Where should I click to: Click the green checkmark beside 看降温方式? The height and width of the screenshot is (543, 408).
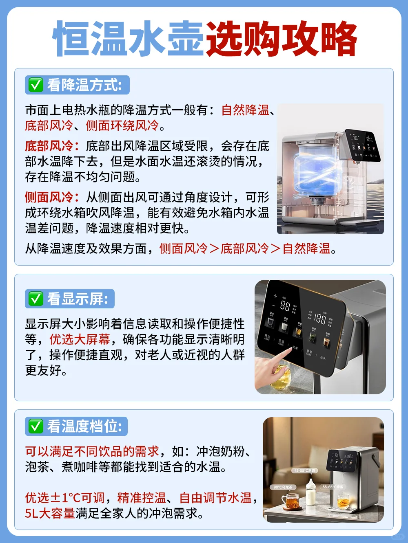(35, 85)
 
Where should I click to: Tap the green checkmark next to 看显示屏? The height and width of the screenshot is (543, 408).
(35, 299)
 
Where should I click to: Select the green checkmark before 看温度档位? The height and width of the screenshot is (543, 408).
(35, 426)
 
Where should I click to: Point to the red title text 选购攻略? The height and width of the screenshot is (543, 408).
(282, 39)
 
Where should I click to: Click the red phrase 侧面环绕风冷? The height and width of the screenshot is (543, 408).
(122, 125)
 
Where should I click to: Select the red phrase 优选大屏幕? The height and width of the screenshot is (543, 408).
(80, 339)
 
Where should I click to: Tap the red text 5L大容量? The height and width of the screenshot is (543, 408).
(50, 513)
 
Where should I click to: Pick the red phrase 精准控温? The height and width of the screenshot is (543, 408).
(142, 497)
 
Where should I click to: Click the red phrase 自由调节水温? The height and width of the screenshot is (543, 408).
(215, 497)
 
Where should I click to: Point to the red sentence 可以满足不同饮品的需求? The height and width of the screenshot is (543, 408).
(92, 451)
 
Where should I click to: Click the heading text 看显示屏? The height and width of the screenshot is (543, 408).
(78, 299)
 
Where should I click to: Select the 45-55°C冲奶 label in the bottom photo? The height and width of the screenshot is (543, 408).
(305, 470)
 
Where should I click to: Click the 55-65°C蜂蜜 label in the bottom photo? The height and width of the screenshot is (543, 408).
(333, 487)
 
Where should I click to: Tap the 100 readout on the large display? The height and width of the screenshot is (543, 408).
(319, 318)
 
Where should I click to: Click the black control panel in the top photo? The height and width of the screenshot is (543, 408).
(362, 145)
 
